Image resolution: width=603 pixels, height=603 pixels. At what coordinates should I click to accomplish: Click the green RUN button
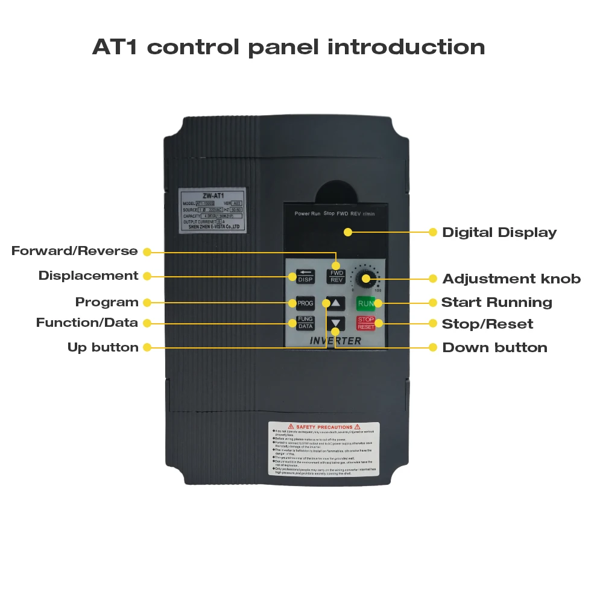click(x=365, y=303)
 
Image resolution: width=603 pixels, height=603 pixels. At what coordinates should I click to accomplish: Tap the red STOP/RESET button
click(x=365, y=323)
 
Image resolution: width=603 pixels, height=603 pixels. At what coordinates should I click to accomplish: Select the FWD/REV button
click(x=336, y=276)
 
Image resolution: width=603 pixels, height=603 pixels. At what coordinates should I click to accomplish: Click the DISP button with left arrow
click(x=305, y=276)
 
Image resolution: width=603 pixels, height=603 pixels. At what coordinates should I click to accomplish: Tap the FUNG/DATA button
click(x=305, y=323)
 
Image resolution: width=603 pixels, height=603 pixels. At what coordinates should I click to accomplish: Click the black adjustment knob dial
click(x=364, y=279)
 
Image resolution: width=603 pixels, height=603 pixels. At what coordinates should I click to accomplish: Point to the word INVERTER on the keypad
click(x=335, y=341)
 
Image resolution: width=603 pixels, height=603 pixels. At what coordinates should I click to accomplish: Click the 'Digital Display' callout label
click(x=499, y=233)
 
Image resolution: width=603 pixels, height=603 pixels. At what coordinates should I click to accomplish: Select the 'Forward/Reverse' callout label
click(x=75, y=251)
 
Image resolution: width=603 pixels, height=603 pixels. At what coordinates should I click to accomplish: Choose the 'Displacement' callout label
click(x=89, y=276)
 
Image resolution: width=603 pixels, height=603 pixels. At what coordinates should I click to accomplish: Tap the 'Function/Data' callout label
click(x=87, y=323)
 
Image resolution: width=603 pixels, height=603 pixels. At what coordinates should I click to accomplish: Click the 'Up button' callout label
click(x=103, y=347)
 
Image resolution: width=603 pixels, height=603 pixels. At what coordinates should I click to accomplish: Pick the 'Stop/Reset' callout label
click(x=487, y=324)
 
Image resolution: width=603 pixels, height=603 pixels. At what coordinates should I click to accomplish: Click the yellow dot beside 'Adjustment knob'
click(x=432, y=279)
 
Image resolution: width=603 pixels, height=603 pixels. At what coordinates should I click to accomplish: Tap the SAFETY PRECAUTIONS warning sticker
click(x=324, y=449)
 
